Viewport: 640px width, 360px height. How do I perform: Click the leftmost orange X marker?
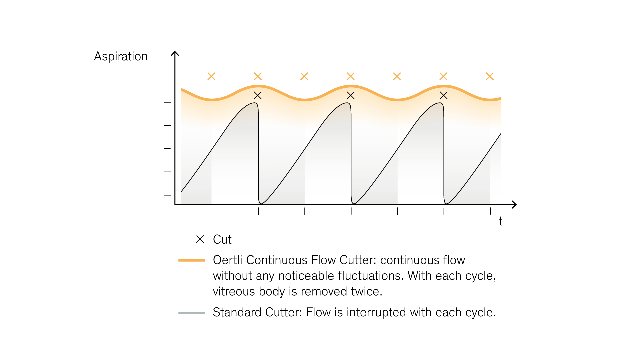click(x=211, y=76)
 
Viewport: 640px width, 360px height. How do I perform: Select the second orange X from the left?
click(x=258, y=76)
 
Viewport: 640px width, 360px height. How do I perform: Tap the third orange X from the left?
click(x=304, y=76)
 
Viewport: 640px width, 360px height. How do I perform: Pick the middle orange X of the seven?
click(x=350, y=76)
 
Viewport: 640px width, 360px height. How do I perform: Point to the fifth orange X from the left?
click(x=397, y=76)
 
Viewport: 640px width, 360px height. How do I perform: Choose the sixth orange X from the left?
click(x=443, y=76)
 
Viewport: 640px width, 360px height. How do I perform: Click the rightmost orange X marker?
click(x=490, y=76)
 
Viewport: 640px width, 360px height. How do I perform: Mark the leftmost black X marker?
click(x=258, y=96)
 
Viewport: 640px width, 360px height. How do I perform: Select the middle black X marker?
click(x=350, y=96)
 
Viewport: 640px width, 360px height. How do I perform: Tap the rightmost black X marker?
click(x=443, y=96)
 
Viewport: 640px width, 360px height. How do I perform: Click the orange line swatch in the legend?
click(x=192, y=260)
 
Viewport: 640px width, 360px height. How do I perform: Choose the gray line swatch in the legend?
click(x=192, y=313)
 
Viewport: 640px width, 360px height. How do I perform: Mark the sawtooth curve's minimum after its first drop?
click(x=261, y=203)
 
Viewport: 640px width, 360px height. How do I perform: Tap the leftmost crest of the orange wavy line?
click(x=258, y=86)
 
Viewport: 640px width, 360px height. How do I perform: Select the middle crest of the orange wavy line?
click(x=350, y=86)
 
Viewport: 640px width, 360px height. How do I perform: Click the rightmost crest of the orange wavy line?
click(x=443, y=86)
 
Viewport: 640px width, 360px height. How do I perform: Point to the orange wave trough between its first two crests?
click(x=304, y=100)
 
